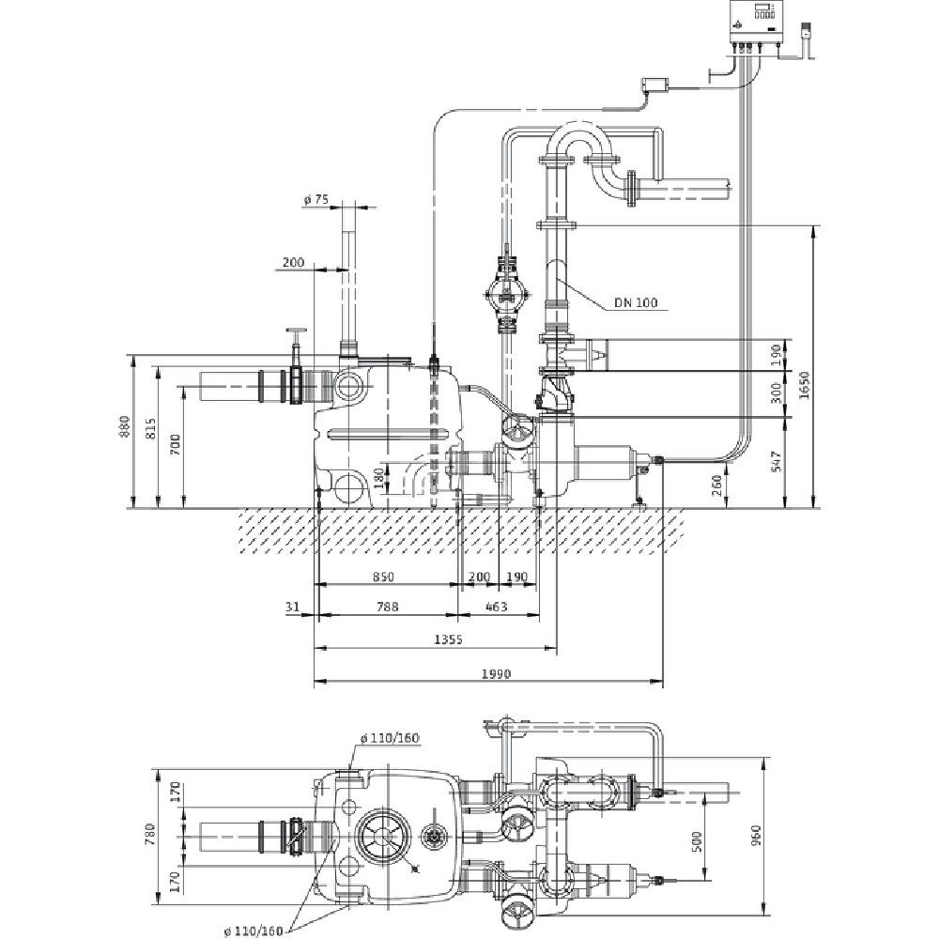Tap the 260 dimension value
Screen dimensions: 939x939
point(719,485)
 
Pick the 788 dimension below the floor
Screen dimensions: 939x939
point(386,608)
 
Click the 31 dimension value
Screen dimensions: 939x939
point(292,608)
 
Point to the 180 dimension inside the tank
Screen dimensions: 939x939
point(378,477)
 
